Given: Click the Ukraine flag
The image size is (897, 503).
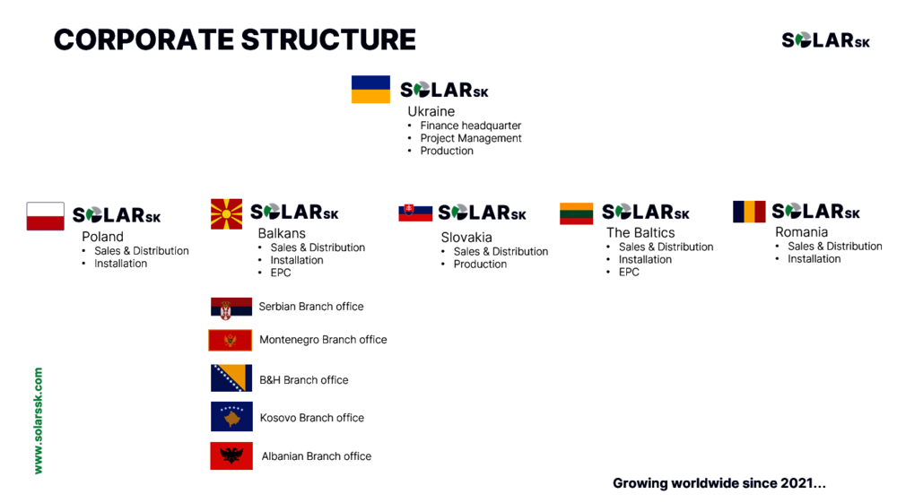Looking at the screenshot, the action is pos(370,89).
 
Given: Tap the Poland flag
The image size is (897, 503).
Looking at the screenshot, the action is pos(45,216).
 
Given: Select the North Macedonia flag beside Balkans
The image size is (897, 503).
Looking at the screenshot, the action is pos(226,213).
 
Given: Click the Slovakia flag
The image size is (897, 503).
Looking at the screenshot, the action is pos(415,212).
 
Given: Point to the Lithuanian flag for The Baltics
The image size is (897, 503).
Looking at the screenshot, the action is pos(576,213).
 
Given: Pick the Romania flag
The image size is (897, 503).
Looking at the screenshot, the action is pos(749,212).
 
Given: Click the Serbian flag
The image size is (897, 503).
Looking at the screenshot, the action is pos(231,308).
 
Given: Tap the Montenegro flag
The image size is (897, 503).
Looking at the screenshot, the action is pos(230,340).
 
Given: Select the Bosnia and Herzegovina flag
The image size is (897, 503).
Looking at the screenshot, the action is pos(231,377).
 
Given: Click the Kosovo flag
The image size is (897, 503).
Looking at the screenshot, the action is pos(231,416).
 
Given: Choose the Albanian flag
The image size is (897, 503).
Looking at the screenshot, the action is pos(231,455).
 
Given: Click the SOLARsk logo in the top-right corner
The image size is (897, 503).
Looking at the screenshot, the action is pos(825,40).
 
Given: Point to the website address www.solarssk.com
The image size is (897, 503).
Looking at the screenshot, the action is pos(39,421).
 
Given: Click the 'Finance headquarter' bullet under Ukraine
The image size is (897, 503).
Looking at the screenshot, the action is pos(470,126).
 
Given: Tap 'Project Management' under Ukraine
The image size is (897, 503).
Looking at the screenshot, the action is pos(471,138).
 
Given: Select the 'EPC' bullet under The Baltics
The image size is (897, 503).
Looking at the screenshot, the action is pos(629,272).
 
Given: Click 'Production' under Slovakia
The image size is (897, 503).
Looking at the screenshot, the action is pos(480,265).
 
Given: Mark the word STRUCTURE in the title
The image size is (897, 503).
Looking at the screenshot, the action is pos(328,39).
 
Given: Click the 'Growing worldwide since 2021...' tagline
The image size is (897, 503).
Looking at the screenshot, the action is pos(719,483).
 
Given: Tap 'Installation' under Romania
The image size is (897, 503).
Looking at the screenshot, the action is pos(814,259).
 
